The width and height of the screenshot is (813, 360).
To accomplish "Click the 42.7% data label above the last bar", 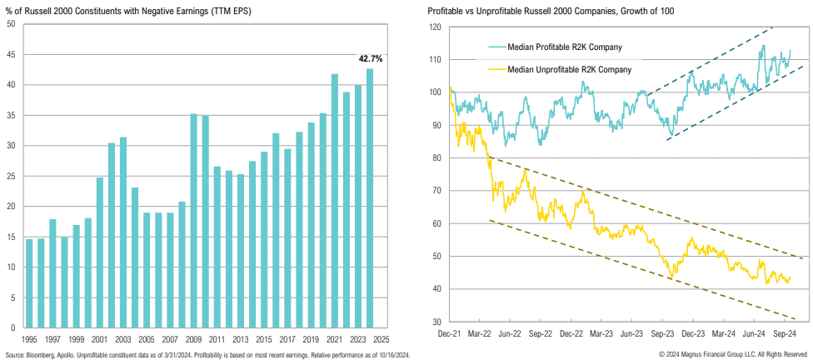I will [371, 59].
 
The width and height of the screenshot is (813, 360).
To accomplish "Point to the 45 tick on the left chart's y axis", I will [10, 54].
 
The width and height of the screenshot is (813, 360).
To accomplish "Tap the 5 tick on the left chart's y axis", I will [12, 297].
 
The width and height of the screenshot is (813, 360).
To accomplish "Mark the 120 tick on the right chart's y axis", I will [436, 27].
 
